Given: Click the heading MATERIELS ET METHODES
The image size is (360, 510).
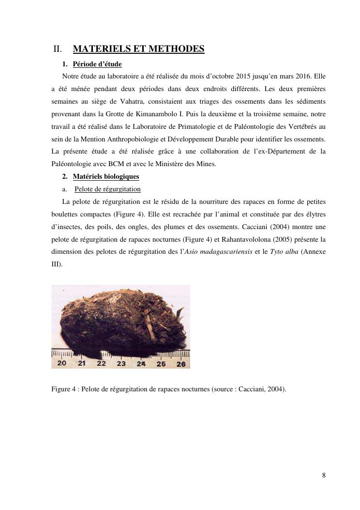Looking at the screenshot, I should pyautogui.click(x=138, y=49).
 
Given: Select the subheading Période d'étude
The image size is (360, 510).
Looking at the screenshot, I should pyautogui.click(x=97, y=64).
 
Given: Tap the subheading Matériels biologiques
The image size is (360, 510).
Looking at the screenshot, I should pyautogui.click(x=106, y=177).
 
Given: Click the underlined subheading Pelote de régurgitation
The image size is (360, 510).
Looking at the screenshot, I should pyautogui.click(x=107, y=189).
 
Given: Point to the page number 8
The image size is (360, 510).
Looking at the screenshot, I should pyautogui.click(x=324, y=475).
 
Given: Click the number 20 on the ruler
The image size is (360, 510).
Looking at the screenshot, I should pyautogui.click(x=62, y=363).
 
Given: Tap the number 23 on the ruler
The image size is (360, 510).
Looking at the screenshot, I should pyautogui.click(x=121, y=363).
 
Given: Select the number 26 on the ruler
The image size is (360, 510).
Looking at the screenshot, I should pyautogui.click(x=180, y=364).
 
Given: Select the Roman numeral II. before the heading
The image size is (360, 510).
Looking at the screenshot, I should pyautogui.click(x=58, y=49).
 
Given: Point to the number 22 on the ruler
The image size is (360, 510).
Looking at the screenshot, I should pyautogui.click(x=101, y=363).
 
